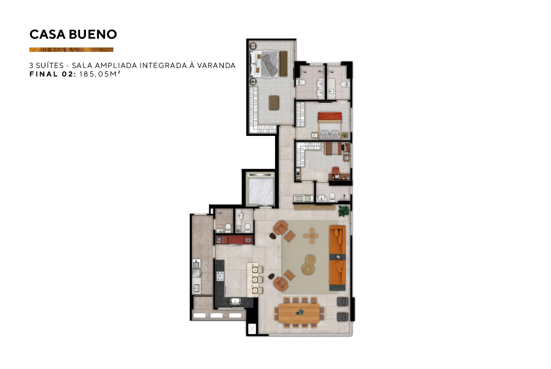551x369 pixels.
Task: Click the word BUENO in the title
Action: coord(93,34)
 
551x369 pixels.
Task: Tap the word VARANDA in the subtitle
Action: coord(217,65)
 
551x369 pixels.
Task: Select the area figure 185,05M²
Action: coord(100,74)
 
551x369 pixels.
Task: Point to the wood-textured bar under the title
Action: coord(71,49)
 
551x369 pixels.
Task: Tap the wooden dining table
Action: coord(299,314)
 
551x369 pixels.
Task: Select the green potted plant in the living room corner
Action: coord(343,211)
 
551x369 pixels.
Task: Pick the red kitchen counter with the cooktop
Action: coord(234,240)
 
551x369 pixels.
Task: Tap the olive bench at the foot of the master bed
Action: coord(283,64)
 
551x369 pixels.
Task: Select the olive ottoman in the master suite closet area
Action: coord(274,103)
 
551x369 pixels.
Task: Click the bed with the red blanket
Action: coord(330,126)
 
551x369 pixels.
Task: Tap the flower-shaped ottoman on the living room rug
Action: coord(311,236)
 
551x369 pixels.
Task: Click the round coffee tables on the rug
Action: coord(309,265)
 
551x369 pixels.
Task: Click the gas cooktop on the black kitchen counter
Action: coord(221,276)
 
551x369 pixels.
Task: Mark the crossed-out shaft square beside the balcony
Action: coord(252,329)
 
